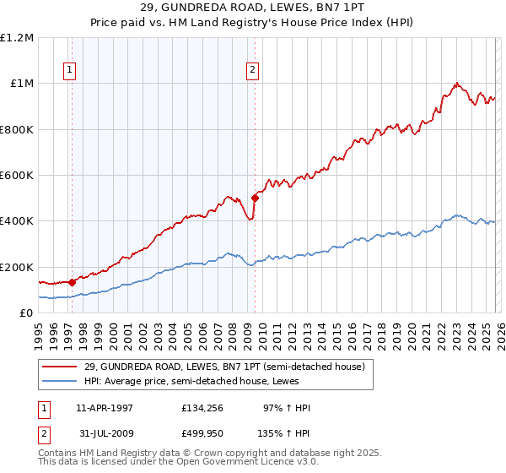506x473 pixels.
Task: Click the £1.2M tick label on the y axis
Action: click(x=17, y=38)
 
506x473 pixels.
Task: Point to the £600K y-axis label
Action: click(x=17, y=176)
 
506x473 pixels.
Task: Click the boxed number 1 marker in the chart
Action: click(x=68, y=71)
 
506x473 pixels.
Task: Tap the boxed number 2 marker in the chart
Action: click(x=252, y=71)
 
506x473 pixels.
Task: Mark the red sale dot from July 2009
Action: click(x=255, y=198)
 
